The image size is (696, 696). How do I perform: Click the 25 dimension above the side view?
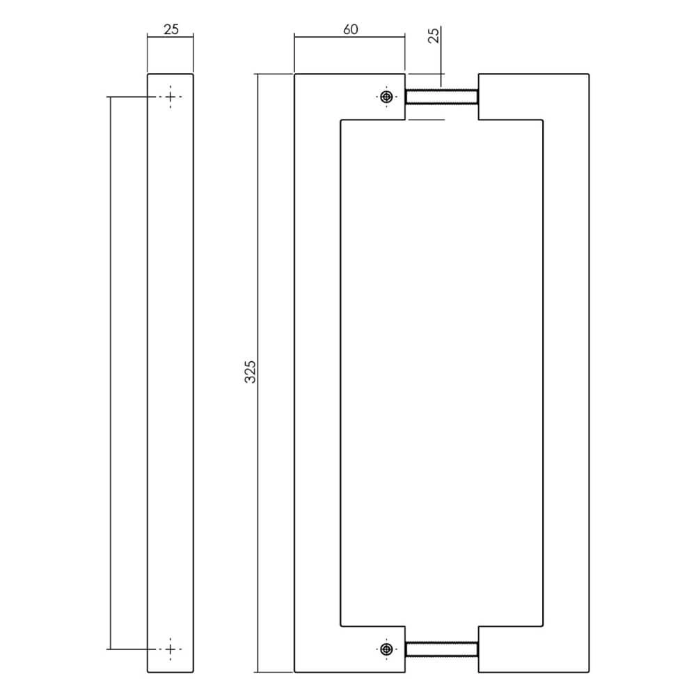tap(171, 29)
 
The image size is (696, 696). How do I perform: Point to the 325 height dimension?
tap(251, 372)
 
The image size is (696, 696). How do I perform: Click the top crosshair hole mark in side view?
tap(171, 97)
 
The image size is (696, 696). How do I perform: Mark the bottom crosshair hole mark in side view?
tap(171, 649)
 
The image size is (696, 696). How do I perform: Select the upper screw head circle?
tap(386, 97)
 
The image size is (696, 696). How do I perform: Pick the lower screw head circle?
tap(386, 649)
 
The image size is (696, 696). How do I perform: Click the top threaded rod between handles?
tap(441, 97)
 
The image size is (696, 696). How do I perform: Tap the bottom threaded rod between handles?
tap(441, 649)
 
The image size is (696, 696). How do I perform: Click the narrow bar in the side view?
tap(171, 372)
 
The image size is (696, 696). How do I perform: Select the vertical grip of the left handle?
tap(317, 372)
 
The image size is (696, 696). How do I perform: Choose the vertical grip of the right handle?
tap(566, 372)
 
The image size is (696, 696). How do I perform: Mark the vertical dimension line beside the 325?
tap(259, 487)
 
